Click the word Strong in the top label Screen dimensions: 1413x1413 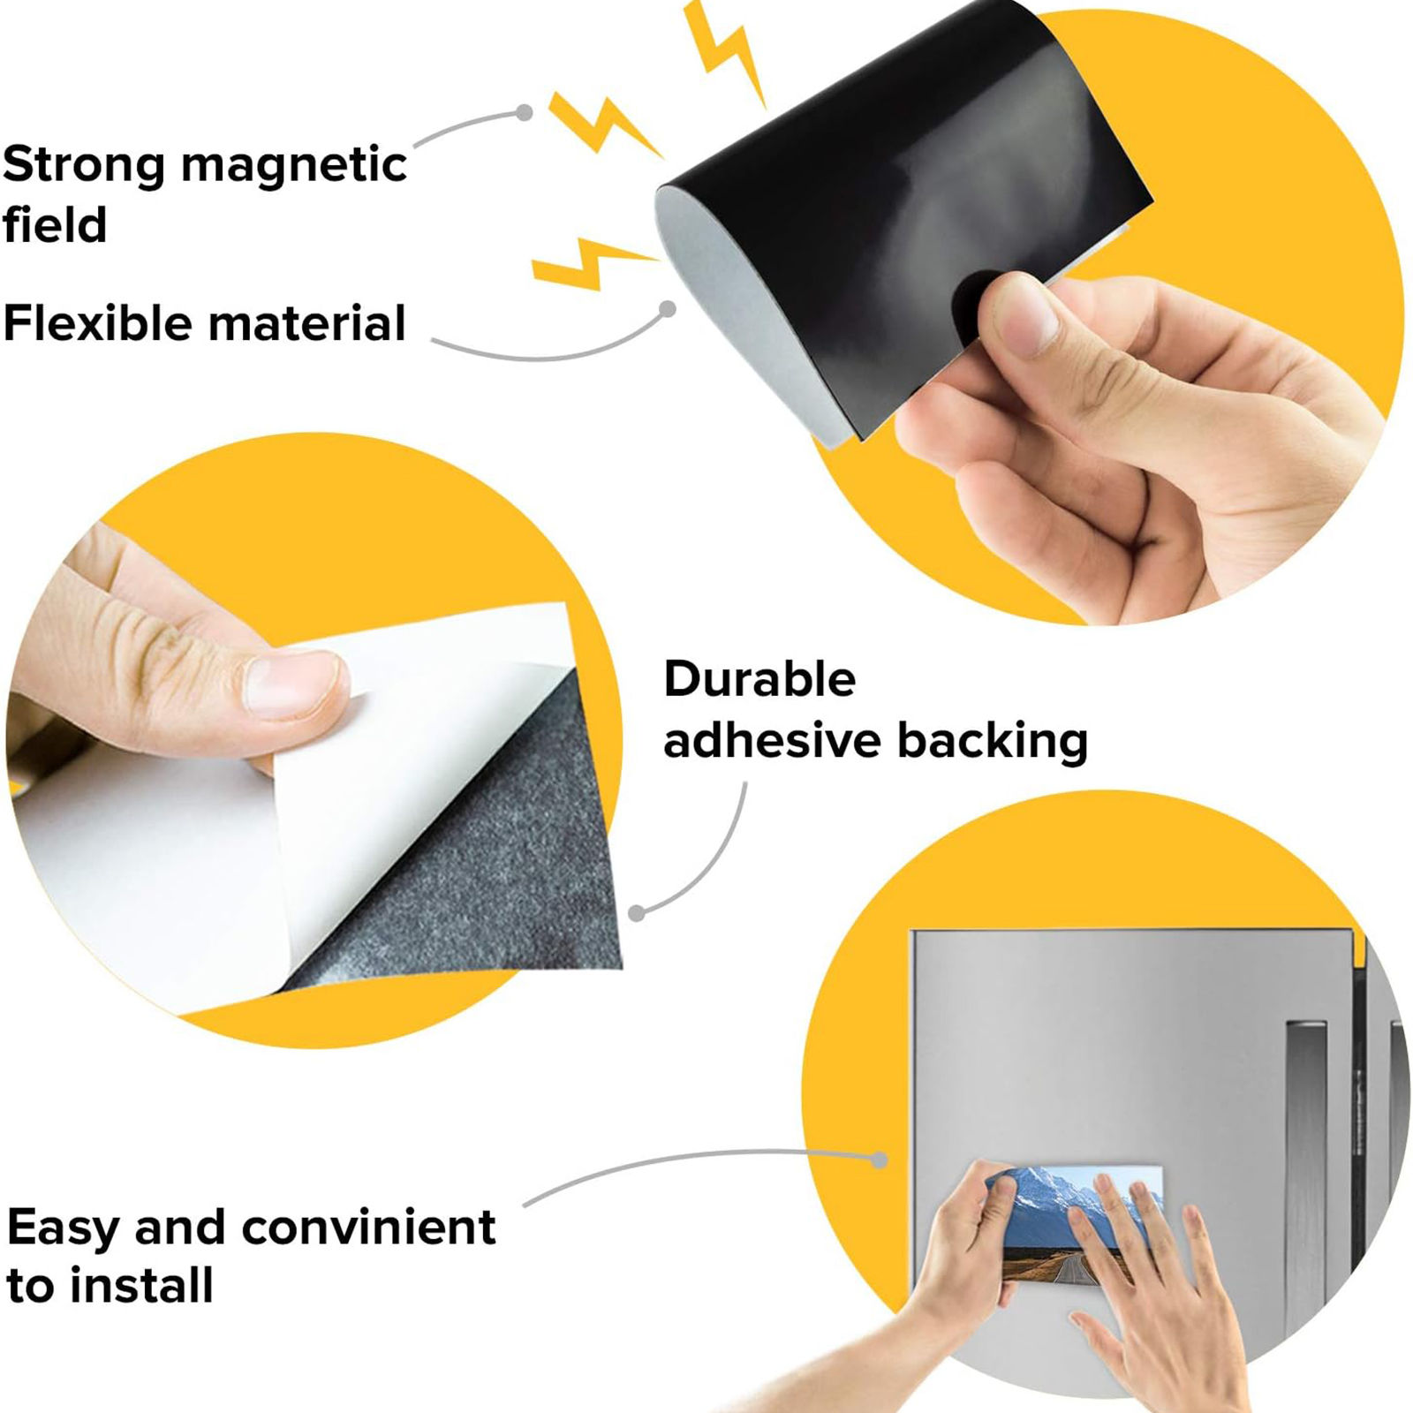[x=83, y=165]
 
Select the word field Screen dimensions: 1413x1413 [x=55, y=225]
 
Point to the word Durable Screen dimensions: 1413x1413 [x=759, y=680]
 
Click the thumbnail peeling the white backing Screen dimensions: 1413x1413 [x=291, y=684]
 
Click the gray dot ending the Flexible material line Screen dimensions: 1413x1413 [x=669, y=308]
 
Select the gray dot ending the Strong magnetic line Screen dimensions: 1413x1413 [x=525, y=112]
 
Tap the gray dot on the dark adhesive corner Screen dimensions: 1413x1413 [x=637, y=913]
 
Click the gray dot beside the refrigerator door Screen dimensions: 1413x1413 [x=879, y=1160]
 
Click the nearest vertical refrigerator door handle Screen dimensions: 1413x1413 [x=1305, y=1175]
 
